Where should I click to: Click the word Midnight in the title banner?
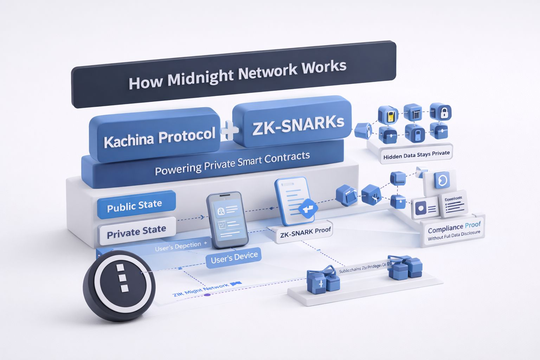tap(200, 78)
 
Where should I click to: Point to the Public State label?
tap(135, 205)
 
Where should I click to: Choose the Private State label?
tap(136, 232)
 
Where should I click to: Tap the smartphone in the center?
tap(227, 220)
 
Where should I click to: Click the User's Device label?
tap(234, 258)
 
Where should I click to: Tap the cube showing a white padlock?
tap(441, 112)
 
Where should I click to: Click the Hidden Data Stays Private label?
tap(417, 155)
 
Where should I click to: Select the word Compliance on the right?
tap(445, 229)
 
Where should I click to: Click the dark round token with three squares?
tap(119, 285)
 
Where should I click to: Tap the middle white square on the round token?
tap(122, 278)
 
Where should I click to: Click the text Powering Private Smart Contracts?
tap(232, 163)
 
